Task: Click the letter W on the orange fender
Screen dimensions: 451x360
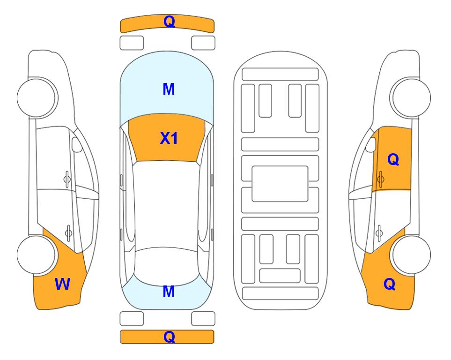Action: click(x=62, y=284)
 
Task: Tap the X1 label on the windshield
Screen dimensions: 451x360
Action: click(x=169, y=138)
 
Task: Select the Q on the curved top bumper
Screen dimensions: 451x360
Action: click(x=169, y=22)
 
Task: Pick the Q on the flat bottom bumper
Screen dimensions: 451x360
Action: click(x=169, y=337)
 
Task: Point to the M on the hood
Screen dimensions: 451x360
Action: click(x=169, y=89)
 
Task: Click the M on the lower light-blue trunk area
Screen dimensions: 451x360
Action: click(x=169, y=292)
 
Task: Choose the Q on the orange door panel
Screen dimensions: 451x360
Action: click(x=393, y=159)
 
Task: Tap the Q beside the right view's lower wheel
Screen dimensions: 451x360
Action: click(x=390, y=284)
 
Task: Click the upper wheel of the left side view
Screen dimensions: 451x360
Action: click(x=37, y=97)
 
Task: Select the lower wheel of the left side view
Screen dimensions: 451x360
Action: click(x=37, y=255)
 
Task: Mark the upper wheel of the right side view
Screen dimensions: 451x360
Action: click(x=411, y=97)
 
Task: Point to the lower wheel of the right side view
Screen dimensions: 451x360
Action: click(x=411, y=255)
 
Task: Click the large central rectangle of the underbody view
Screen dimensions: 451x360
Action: click(x=280, y=184)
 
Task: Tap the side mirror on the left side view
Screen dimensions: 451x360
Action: click(x=76, y=144)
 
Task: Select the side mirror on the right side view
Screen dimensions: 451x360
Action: click(x=371, y=144)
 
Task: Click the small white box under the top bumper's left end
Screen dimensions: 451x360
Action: click(x=132, y=43)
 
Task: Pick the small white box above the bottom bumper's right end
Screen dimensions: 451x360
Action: click(x=203, y=319)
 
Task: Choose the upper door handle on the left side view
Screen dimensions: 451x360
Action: click(x=67, y=179)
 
